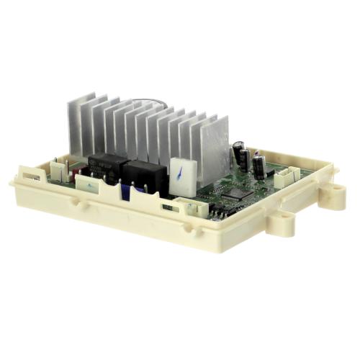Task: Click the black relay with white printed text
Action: click(x=106, y=167)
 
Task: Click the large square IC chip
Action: click(x=238, y=193)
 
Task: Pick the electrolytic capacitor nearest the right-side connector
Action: click(x=258, y=167)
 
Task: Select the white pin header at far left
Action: click(x=57, y=170)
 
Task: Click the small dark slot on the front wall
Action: click(x=168, y=207)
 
